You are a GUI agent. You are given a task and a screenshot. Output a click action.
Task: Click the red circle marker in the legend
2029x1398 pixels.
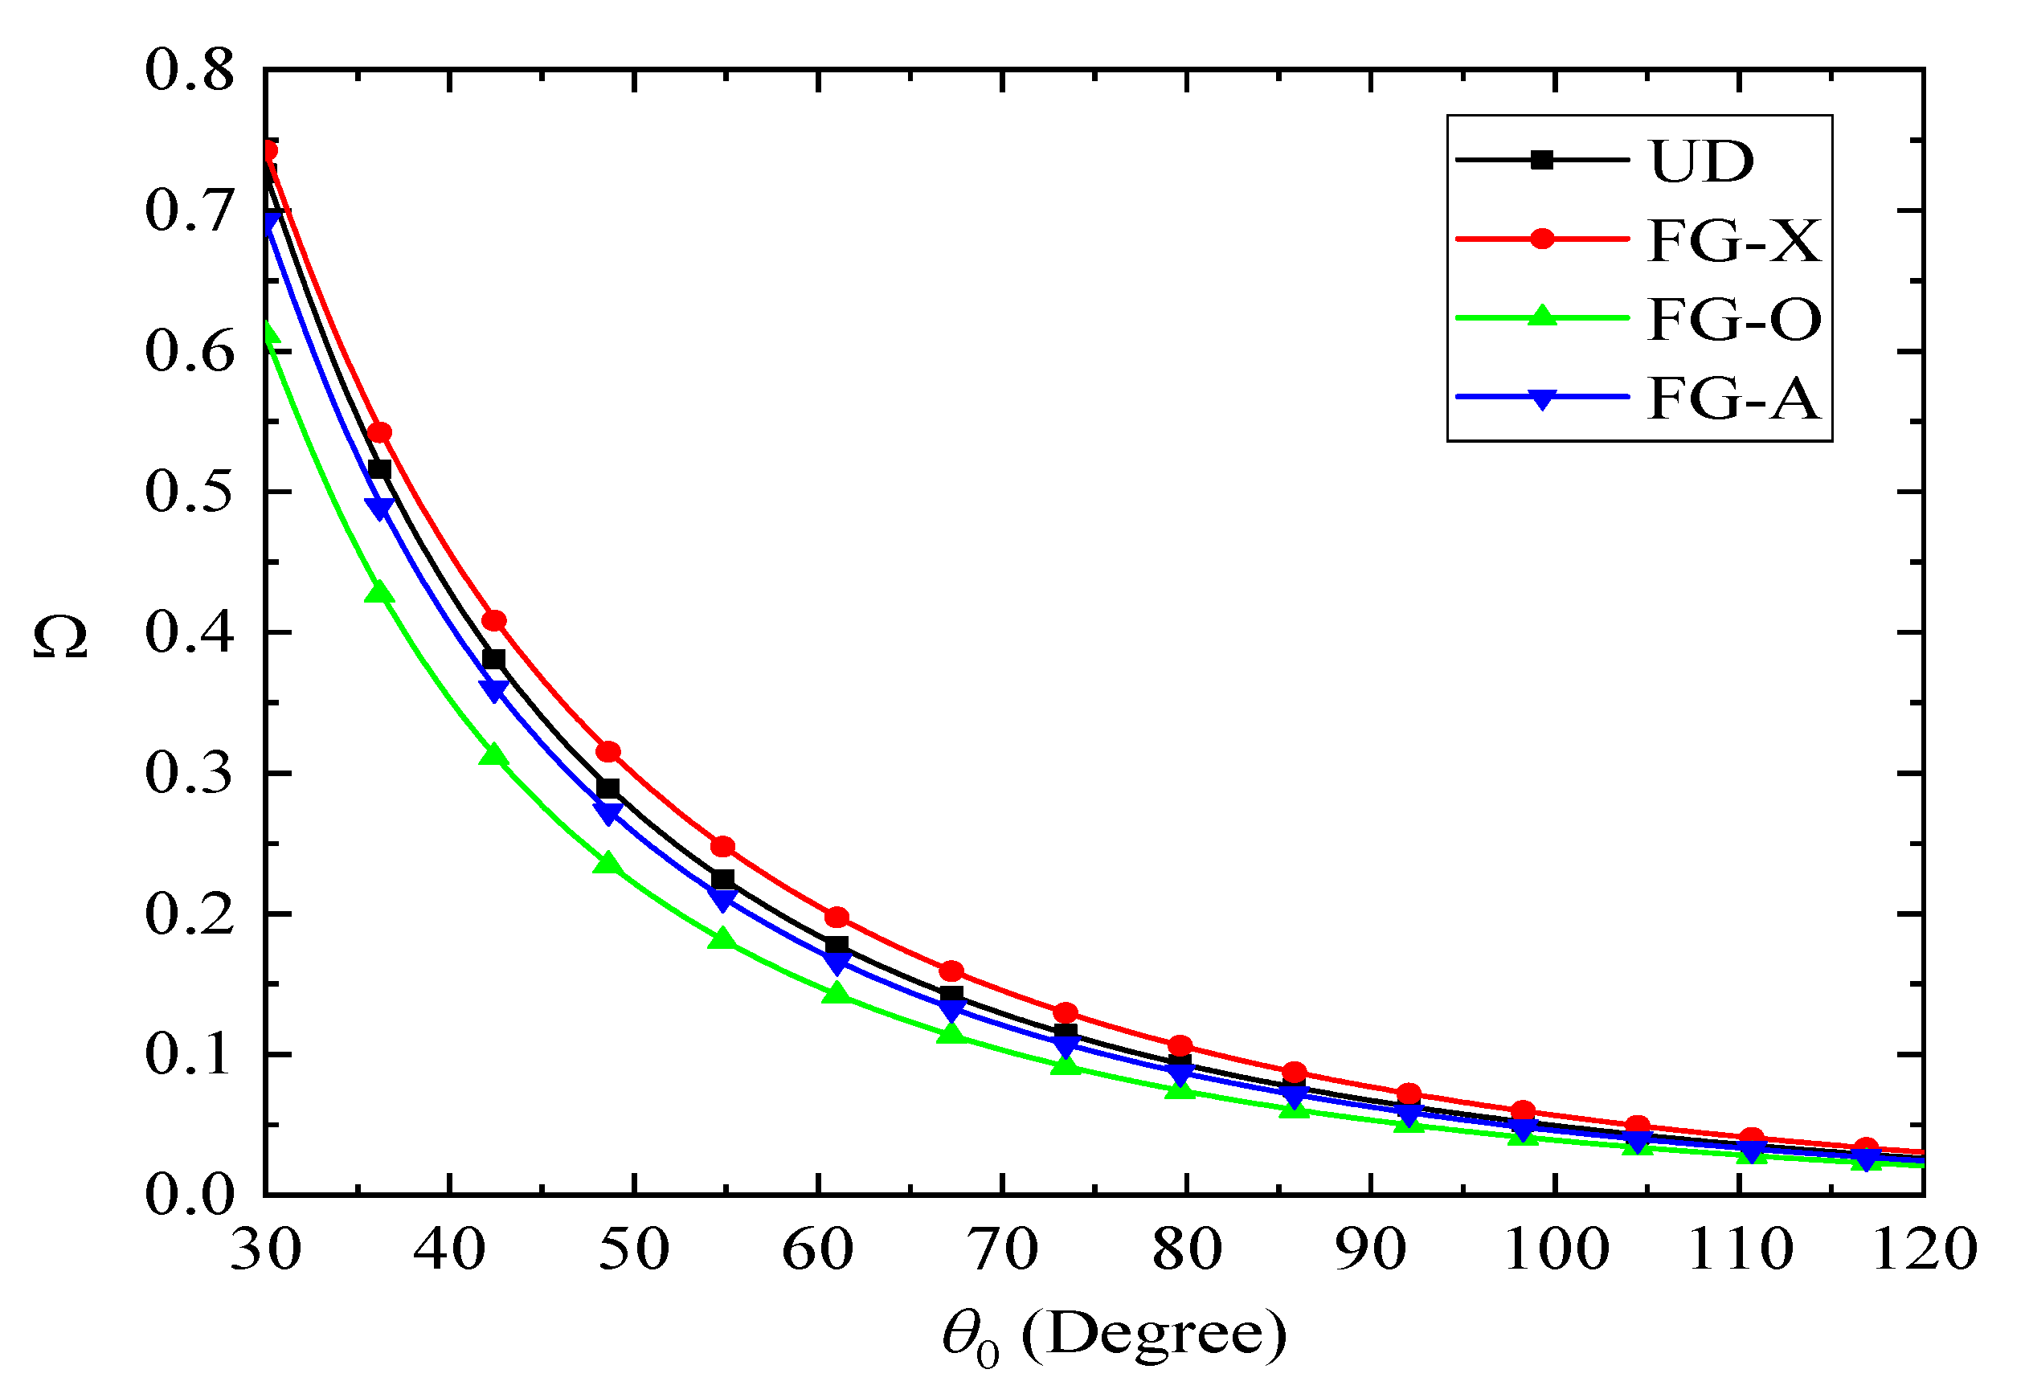tap(1541, 239)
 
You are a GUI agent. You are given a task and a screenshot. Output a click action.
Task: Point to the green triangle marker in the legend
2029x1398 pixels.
tap(1541, 317)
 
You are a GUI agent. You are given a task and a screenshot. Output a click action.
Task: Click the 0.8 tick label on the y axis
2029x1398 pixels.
tap(189, 70)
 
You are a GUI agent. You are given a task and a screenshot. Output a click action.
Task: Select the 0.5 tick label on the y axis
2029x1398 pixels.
tap(189, 493)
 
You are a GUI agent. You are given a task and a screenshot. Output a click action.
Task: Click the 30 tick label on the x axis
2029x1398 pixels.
tap(265, 1250)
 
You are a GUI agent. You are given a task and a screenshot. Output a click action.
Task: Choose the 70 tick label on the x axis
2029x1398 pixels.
tap(1002, 1250)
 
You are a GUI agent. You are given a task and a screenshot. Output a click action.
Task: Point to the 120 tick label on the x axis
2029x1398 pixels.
tap(1924, 1250)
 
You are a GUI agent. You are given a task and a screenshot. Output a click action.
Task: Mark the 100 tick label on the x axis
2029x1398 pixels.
tap(1556, 1250)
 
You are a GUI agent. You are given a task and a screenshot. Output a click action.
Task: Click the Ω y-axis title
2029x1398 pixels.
tap(60, 637)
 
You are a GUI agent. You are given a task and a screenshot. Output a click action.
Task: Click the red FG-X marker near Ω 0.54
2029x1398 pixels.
tap(379, 433)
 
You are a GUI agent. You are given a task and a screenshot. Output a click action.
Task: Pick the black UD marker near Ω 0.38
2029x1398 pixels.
tap(493, 659)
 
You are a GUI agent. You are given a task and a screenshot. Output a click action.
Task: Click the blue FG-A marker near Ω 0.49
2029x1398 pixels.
tap(379, 508)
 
